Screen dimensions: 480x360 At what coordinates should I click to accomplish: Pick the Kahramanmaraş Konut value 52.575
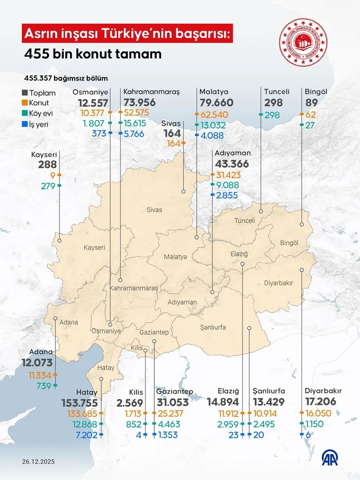140,112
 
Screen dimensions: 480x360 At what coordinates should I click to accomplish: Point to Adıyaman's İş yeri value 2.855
228,195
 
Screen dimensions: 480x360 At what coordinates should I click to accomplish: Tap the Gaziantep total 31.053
175,402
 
